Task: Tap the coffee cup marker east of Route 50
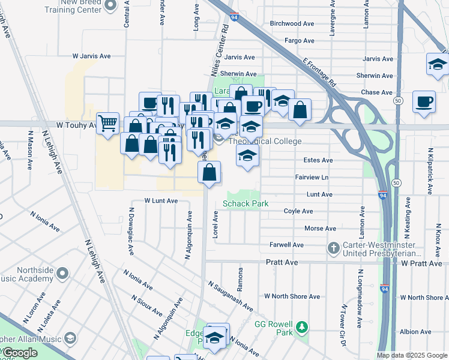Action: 424,102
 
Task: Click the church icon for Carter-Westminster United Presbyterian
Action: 333,248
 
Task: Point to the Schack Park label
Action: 245,203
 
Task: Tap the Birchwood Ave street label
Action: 292,24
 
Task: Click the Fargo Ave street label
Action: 300,41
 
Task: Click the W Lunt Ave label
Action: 161,200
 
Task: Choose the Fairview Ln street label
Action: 312,178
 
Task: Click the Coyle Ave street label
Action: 298,211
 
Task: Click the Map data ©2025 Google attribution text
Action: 411,355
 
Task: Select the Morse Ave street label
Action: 320,229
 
